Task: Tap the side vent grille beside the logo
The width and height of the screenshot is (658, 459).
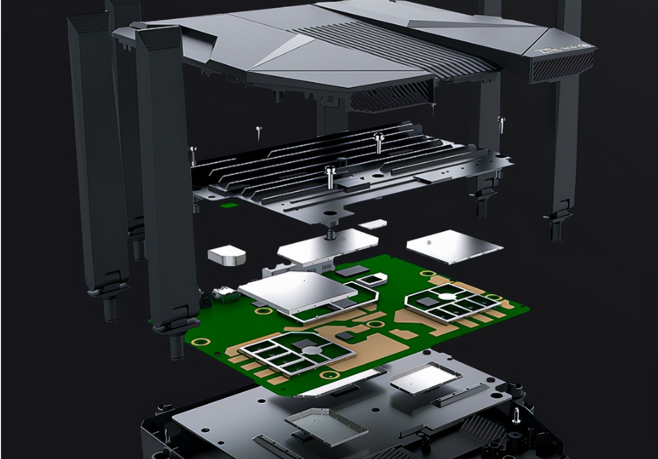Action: pyautogui.click(x=562, y=67)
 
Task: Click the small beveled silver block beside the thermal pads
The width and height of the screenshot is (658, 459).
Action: pyautogui.click(x=226, y=255)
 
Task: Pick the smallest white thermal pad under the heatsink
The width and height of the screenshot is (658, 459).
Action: pyautogui.click(x=373, y=225)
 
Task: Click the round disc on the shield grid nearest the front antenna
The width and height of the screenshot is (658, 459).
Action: pyautogui.click(x=310, y=350)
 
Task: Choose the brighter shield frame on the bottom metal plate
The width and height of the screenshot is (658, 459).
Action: pyautogui.click(x=425, y=378)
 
